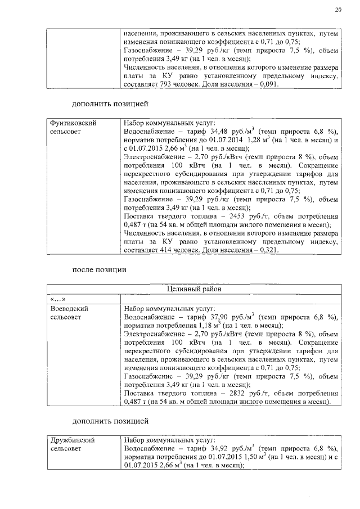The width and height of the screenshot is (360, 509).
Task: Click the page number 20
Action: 337,9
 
